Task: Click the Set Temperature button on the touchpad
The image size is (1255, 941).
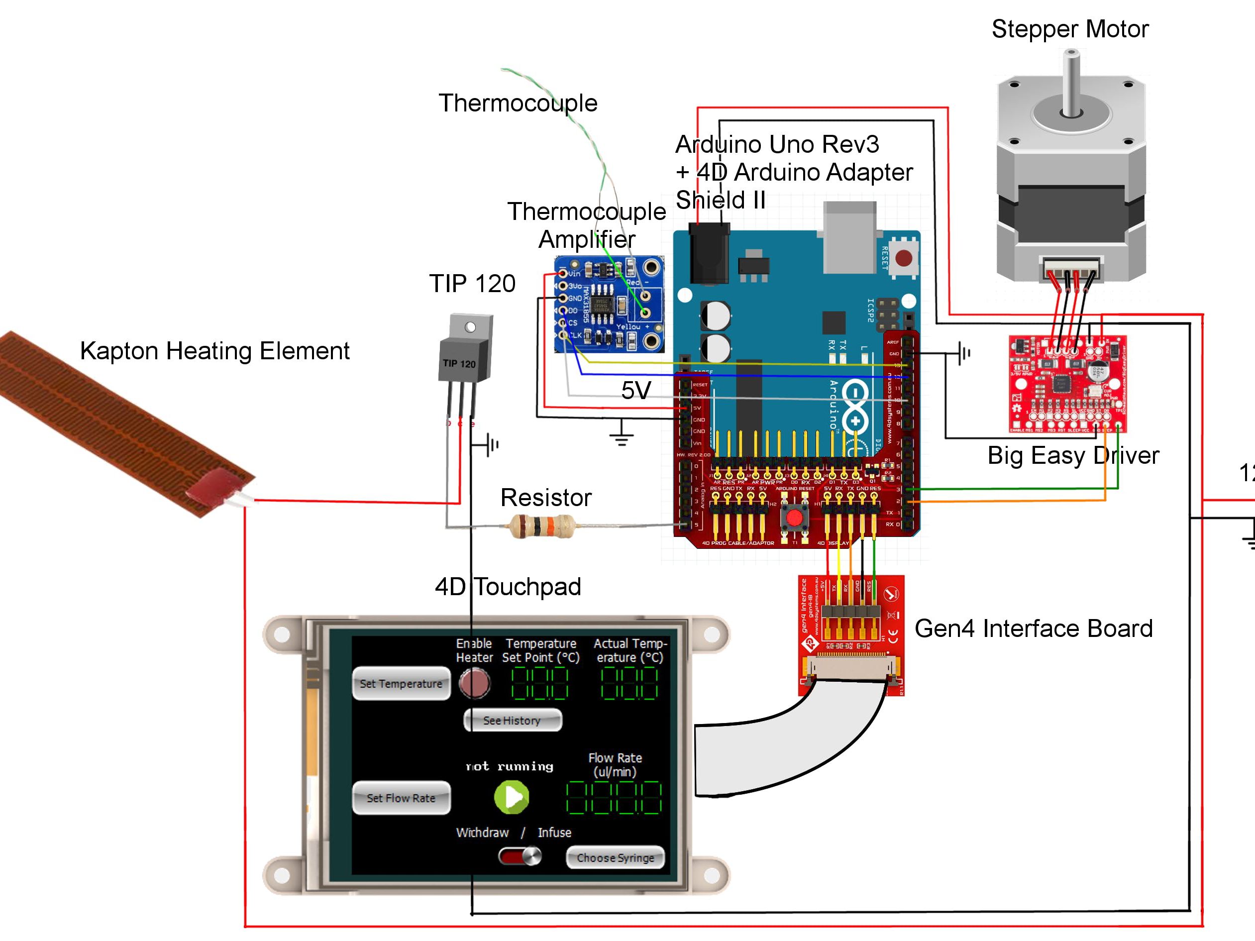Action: click(401, 684)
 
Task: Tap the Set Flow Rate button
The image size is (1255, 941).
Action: click(401, 798)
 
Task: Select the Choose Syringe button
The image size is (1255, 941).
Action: click(615, 857)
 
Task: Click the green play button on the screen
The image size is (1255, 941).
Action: click(511, 797)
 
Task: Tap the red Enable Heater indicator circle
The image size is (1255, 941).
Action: click(474, 682)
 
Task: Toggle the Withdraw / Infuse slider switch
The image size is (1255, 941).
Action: click(520, 856)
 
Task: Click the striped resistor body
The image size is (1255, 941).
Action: click(542, 526)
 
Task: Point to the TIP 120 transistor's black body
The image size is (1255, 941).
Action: click(464, 360)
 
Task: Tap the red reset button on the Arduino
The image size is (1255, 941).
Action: click(903, 259)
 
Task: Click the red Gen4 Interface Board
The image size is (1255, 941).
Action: click(851, 635)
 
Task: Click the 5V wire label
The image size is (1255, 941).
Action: click(635, 390)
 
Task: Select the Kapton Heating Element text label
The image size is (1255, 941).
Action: click(214, 350)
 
